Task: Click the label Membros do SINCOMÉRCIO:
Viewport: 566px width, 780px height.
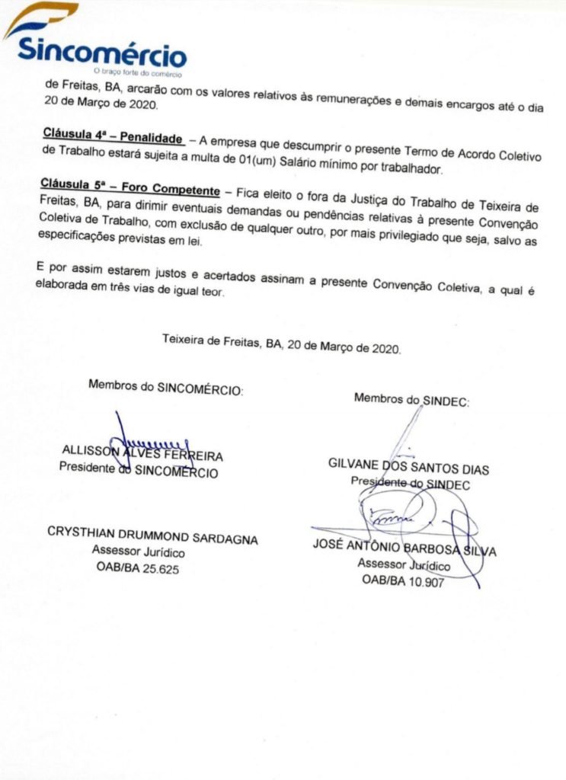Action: point(165,385)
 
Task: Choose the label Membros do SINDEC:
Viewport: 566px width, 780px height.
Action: point(411,398)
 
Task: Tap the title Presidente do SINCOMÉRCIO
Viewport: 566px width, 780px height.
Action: point(139,471)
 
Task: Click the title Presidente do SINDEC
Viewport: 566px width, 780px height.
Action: point(410,483)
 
